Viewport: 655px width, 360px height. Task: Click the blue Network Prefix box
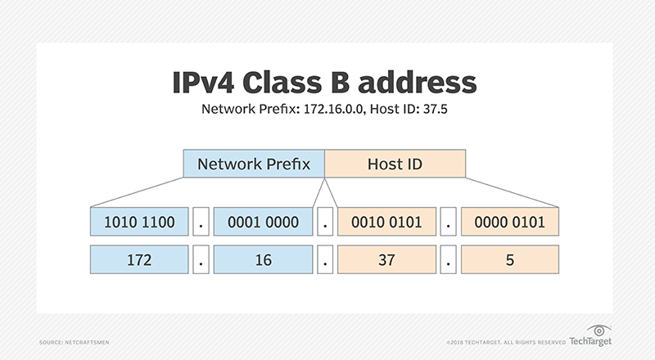click(x=254, y=164)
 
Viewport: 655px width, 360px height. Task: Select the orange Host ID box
click(x=395, y=164)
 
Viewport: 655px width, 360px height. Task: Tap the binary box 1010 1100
click(x=140, y=222)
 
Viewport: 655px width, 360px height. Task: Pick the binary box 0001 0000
click(x=264, y=222)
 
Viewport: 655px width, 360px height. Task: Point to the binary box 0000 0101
click(x=510, y=222)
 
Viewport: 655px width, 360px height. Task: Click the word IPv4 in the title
click(x=205, y=83)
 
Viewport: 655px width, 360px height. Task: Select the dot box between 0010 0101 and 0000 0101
click(x=449, y=222)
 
